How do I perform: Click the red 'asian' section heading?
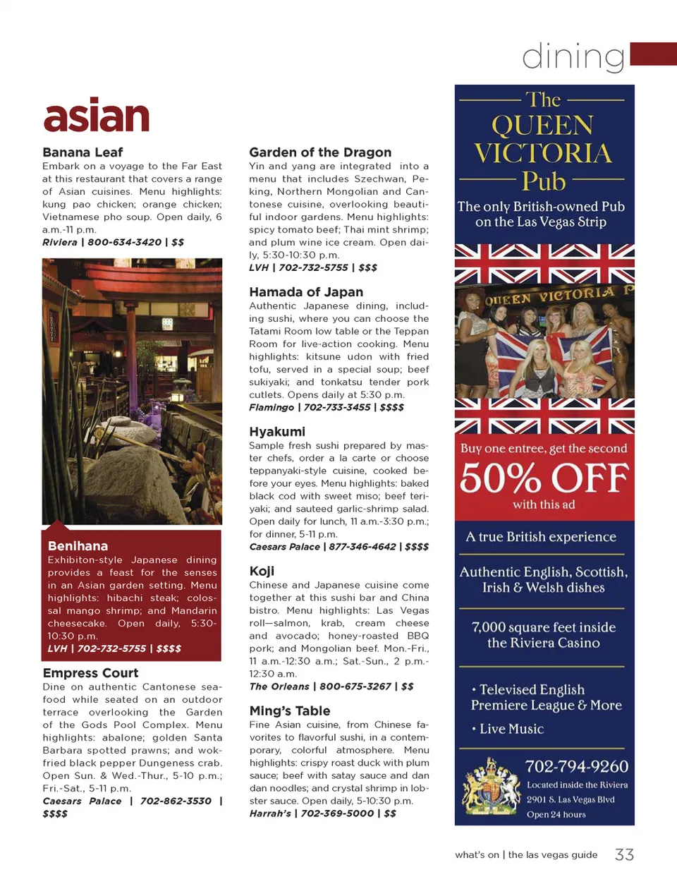point(97,116)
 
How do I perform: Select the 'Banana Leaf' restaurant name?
point(83,152)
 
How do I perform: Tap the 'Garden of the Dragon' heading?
point(319,152)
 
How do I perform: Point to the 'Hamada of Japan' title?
point(306,292)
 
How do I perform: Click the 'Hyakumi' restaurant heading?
point(277,432)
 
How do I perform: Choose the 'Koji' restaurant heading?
point(262,571)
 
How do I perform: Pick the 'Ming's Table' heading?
point(289,711)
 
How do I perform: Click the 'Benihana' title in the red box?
point(78,546)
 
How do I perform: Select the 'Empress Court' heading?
point(90,673)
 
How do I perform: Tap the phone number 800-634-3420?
point(125,242)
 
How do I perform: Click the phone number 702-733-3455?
point(336,407)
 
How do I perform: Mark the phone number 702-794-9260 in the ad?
point(576,766)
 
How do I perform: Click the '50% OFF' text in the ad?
point(544,478)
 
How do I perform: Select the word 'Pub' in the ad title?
point(544,181)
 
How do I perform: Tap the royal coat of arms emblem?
point(489,786)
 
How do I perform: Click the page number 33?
point(624,855)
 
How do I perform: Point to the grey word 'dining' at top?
point(573,56)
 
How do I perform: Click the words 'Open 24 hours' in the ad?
point(556,814)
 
